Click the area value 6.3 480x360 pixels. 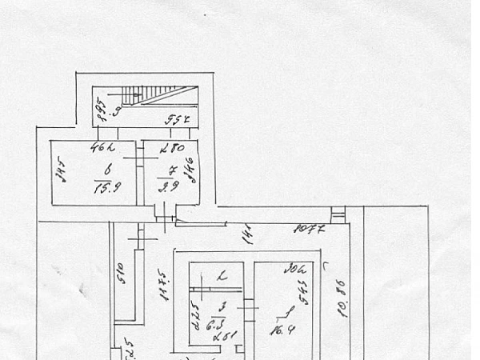pyautogui.click(x=213, y=325)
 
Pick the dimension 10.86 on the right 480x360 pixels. pyautogui.click(x=342, y=298)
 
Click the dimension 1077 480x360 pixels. pyautogui.click(x=308, y=230)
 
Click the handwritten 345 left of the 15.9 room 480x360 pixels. pyautogui.click(x=58, y=171)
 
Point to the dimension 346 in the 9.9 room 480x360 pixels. pyautogui.click(x=190, y=170)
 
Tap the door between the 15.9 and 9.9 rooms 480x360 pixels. pyautogui.click(x=138, y=160)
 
